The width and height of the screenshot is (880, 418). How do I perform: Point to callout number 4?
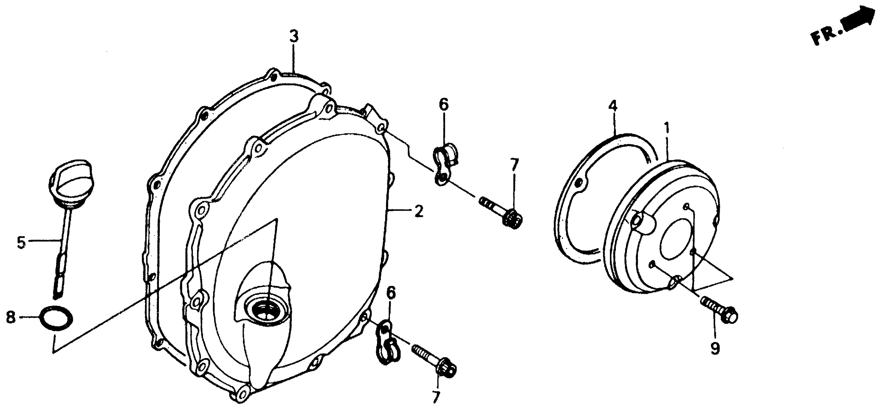pyautogui.click(x=613, y=107)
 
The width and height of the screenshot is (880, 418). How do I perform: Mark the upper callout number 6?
pyautogui.click(x=443, y=105)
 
